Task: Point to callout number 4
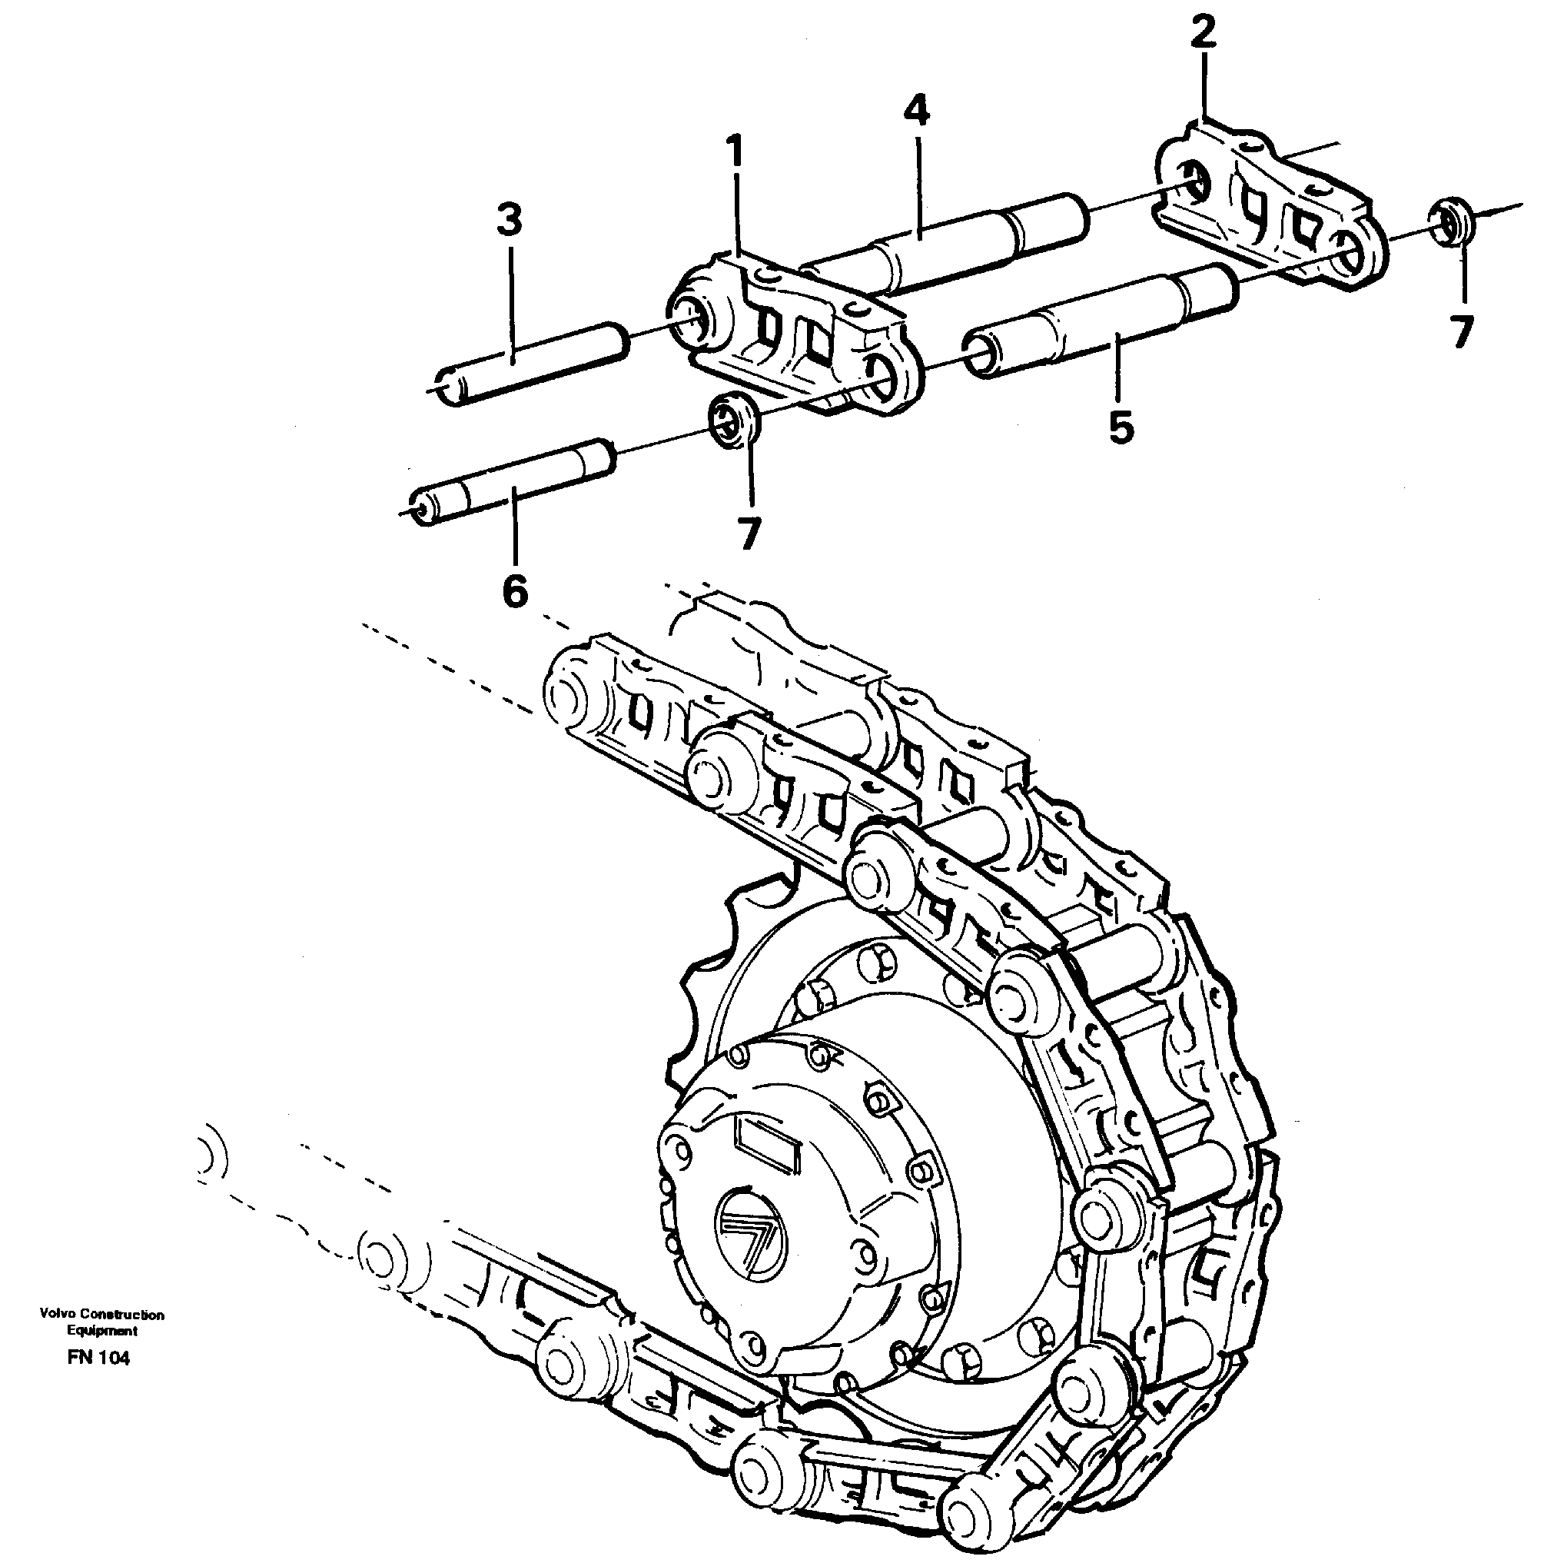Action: click(915, 111)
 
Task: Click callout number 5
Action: click(1121, 427)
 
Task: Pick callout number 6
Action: click(514, 591)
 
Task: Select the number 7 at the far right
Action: click(1460, 332)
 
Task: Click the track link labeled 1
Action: click(797, 331)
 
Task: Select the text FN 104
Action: click(98, 1358)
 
